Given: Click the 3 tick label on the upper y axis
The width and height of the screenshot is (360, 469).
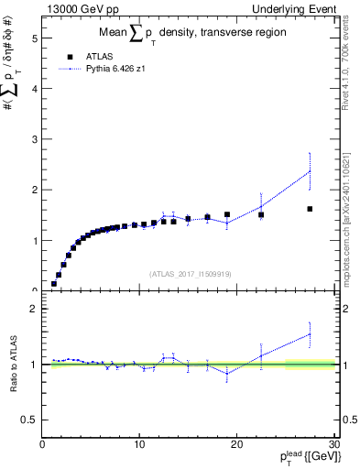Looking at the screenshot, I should pos(36,139).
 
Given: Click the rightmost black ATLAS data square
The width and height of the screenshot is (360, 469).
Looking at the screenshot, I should pos(310,209).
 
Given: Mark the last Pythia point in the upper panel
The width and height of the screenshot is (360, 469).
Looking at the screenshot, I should pos(310,171).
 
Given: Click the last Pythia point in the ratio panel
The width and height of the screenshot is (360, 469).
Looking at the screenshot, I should pos(310,334).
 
